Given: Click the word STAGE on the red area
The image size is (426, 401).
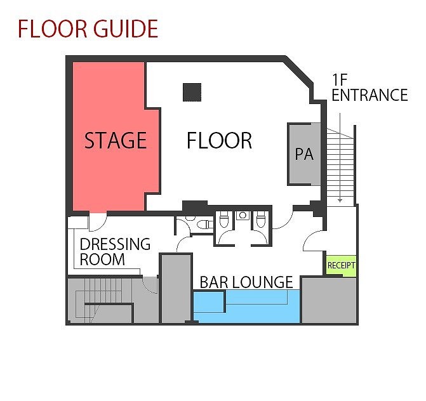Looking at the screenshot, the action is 116,140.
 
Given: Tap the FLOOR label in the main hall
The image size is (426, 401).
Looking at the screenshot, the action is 219,140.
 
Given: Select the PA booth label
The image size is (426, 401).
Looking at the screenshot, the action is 304,154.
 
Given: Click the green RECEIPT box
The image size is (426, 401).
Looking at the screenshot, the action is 341,265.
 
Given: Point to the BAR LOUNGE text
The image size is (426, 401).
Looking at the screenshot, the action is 246,282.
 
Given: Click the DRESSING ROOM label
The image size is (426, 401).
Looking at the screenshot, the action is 115,252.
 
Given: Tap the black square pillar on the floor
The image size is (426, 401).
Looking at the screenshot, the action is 192,92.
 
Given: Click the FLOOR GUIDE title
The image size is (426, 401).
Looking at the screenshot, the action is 88,29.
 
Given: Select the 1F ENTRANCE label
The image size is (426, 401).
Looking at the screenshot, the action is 369,88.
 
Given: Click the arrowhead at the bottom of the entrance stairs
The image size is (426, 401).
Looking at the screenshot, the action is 340,201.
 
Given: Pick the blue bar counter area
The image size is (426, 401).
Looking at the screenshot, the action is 246,306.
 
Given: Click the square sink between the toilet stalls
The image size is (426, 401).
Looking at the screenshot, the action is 243,216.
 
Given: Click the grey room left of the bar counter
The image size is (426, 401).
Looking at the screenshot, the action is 176,289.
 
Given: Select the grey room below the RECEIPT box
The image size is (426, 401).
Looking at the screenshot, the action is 329,300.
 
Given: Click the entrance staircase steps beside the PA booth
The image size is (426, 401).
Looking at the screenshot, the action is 340,166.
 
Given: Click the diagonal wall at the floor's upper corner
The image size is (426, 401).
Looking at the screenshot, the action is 298,71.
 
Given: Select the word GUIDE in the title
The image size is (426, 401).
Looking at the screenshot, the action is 126,29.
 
